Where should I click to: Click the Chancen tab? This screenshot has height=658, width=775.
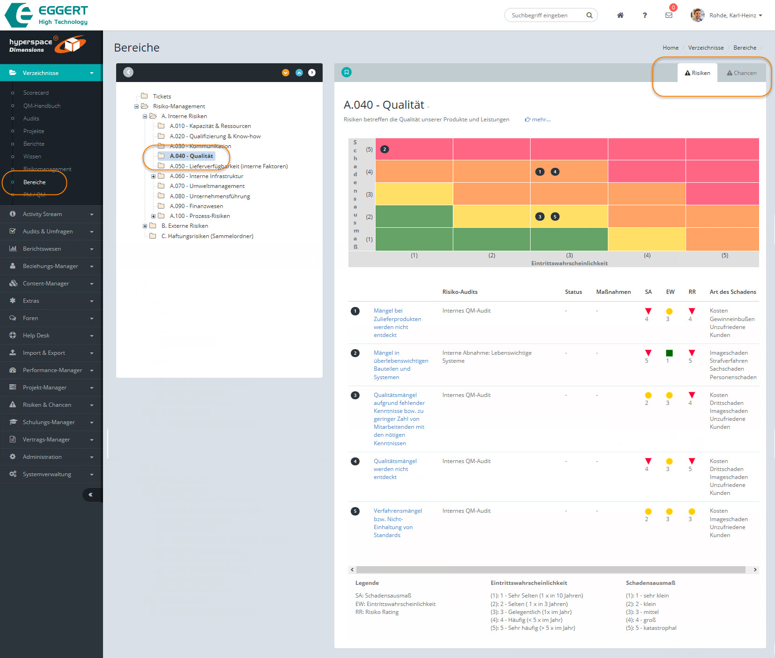[741, 73]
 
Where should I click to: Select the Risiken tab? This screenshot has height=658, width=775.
[697, 73]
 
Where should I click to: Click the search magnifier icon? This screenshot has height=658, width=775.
[589, 15]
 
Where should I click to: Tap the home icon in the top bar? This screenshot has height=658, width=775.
[620, 15]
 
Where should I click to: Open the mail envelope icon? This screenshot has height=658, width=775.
[669, 15]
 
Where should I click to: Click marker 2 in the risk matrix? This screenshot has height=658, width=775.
[384, 150]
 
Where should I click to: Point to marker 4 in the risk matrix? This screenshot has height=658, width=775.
[555, 172]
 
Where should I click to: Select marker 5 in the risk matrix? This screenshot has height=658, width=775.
[555, 217]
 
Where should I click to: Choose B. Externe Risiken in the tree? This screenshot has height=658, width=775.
[185, 226]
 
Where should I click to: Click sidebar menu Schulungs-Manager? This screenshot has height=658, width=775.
[49, 422]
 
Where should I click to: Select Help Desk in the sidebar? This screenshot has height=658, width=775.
[36, 336]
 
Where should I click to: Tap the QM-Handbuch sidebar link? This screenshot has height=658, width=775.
[42, 106]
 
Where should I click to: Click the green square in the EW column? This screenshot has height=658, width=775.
[669, 353]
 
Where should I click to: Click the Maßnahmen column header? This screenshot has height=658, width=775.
[613, 292]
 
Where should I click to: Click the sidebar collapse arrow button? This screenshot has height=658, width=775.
[90, 495]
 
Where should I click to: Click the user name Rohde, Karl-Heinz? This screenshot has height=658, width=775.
[732, 15]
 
